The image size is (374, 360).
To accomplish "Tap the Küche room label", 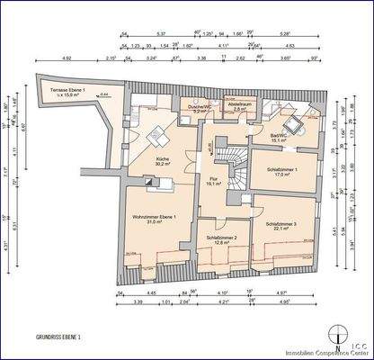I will [163, 157].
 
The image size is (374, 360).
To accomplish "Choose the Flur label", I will [215, 178].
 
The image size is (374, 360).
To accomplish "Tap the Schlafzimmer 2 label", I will [220, 238].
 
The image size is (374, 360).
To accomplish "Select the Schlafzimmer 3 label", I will [283, 224].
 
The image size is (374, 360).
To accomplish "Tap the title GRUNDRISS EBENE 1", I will [58, 337].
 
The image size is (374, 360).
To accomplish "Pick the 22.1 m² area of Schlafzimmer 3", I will [283, 229].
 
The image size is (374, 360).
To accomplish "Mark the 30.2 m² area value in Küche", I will [163, 164].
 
